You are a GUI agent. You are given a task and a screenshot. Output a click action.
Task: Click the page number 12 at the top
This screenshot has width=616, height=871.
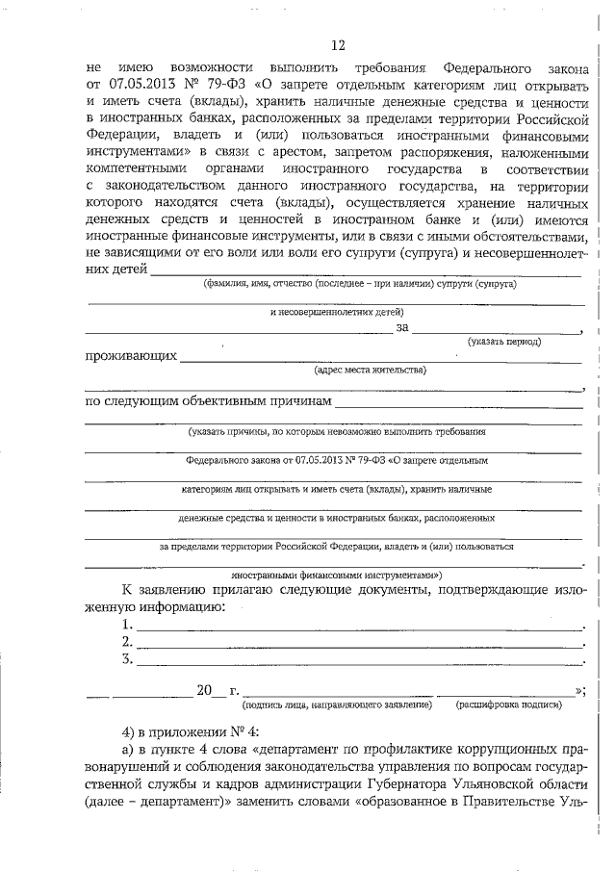(x=336, y=45)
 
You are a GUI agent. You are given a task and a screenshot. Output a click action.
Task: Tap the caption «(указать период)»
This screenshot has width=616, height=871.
(x=503, y=342)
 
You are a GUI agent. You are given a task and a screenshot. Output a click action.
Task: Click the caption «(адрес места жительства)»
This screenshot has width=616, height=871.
(x=371, y=369)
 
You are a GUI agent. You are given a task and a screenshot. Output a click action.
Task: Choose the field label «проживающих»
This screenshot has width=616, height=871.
(x=131, y=356)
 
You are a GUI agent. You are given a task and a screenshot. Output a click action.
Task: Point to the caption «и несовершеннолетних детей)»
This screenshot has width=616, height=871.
(x=336, y=312)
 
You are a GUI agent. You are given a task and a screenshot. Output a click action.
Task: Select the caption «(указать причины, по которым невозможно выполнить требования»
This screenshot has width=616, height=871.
(x=337, y=432)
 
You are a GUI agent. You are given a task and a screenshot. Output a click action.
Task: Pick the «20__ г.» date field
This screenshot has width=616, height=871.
(x=217, y=691)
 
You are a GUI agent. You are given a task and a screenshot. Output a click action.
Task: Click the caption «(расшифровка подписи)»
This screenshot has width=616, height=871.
(x=508, y=705)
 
